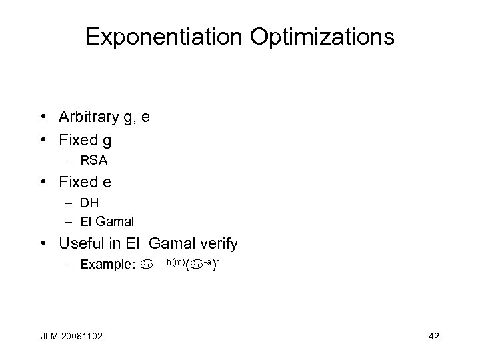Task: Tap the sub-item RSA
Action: (x=93, y=160)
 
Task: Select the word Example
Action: (x=107, y=265)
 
